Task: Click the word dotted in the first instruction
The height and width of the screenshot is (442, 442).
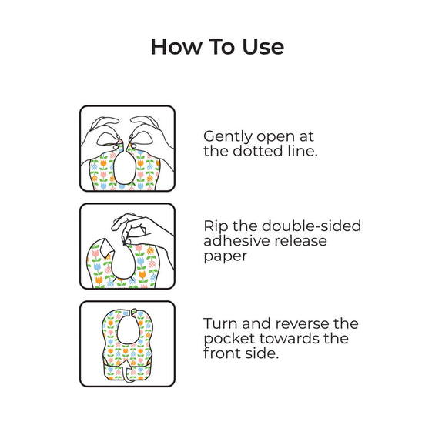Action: coord(257,151)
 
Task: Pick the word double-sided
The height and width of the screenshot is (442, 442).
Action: coord(311,226)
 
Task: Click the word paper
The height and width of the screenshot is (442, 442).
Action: coord(225,256)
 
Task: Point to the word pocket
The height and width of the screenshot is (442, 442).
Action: coord(229,339)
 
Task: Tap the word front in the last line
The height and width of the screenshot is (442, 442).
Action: coord(221,353)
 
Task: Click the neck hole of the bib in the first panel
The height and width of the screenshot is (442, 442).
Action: coord(124,168)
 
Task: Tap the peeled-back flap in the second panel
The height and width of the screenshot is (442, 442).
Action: coord(105,249)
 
